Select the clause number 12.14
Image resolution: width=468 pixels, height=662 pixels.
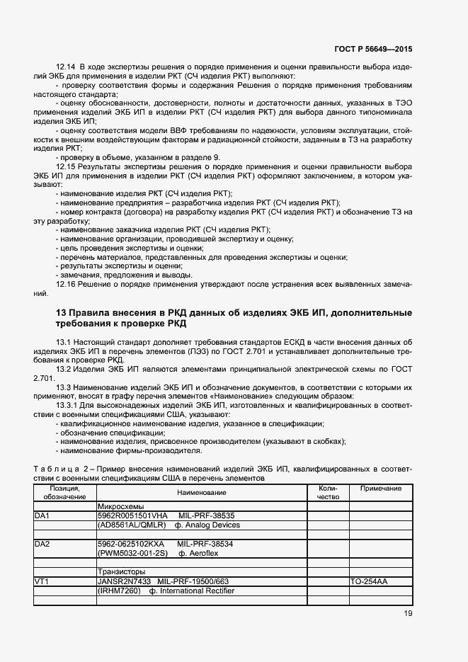[66, 66]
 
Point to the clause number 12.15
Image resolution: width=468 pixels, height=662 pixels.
[66, 166]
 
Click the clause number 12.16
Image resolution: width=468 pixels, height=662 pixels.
[66, 284]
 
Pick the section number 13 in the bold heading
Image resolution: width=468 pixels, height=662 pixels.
[60, 312]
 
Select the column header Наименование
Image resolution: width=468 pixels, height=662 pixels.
[202, 492]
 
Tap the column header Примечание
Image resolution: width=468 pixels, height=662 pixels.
[381, 489]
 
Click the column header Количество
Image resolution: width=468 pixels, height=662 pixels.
[329, 492]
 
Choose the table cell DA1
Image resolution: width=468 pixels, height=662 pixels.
[42, 516]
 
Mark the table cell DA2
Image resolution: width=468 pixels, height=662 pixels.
[42, 543]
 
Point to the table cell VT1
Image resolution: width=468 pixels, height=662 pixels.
[41, 581]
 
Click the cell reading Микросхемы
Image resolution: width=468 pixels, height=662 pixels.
[120, 507]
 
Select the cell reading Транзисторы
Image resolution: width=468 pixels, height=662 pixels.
[122, 571]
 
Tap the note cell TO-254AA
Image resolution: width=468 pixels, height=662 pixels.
[369, 581]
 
